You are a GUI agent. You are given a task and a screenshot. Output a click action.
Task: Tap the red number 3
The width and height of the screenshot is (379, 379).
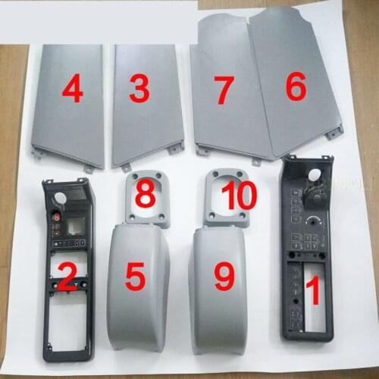(138, 90)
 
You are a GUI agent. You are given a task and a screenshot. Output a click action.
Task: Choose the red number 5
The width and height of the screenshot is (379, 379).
(135, 277)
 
